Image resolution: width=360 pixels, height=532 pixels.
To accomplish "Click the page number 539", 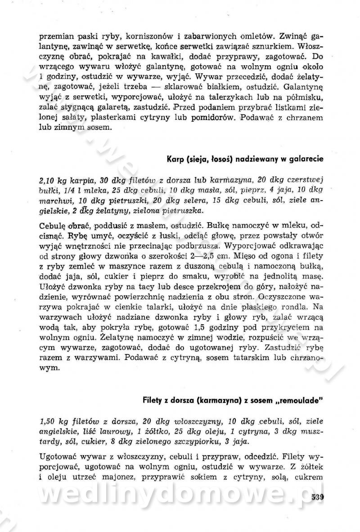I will (317, 497).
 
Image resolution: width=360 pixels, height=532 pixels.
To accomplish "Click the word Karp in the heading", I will (175, 159).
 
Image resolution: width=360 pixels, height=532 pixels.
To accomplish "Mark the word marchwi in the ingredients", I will (55, 201).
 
